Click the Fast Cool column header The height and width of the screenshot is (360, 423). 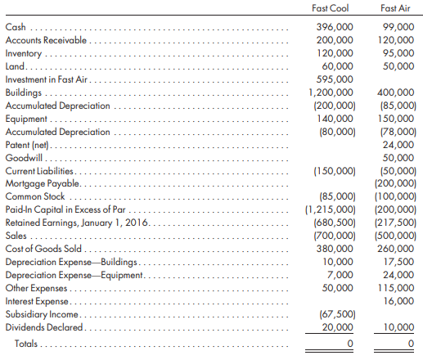[331, 8]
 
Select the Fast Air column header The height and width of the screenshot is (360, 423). [395, 8]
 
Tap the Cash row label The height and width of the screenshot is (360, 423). [16, 27]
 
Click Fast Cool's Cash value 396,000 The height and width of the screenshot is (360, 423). [335, 27]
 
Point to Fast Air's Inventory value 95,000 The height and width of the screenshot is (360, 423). [398, 53]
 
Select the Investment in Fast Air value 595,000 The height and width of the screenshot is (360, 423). [335, 79]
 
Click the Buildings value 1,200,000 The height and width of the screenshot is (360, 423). [331, 92]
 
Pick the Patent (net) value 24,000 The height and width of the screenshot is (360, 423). [398, 145]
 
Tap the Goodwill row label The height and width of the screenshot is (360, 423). [24, 158]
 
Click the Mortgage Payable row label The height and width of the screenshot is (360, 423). [43, 183]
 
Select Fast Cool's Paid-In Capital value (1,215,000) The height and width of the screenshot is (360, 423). [331, 209]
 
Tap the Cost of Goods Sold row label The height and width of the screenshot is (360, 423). [43, 249]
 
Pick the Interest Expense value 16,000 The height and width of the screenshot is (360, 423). [399, 301]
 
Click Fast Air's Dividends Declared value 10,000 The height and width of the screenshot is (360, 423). [399, 327]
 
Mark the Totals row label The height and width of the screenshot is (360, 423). [26, 344]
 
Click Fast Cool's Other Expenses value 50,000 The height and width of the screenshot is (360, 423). [337, 288]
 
